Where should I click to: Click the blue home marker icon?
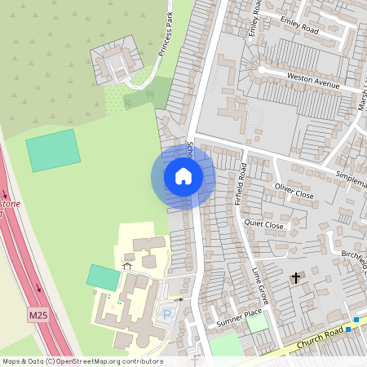183,176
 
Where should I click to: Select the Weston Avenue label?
312,78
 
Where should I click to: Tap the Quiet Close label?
263,225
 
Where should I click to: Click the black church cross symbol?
295,279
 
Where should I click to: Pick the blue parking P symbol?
168,314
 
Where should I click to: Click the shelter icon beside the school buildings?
126,264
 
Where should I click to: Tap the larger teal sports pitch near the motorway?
54,150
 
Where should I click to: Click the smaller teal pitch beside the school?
103,277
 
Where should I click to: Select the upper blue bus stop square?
356,320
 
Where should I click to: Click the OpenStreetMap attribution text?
82,361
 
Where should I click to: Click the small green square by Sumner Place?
258,323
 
